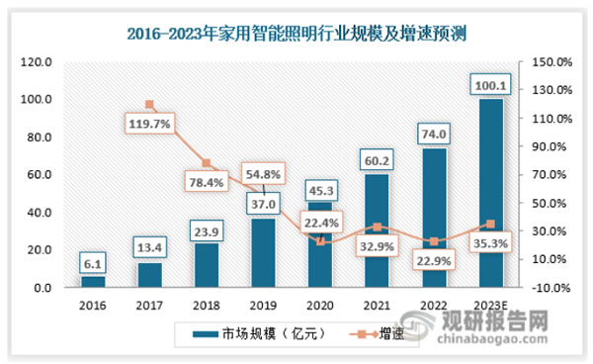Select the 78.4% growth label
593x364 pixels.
[206, 182]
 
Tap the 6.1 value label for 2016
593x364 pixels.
[93, 262]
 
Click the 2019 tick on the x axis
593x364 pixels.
[263, 305]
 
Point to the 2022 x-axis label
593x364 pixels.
[432, 305]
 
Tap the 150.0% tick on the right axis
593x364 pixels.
[551, 61]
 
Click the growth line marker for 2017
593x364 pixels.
[149, 104]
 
